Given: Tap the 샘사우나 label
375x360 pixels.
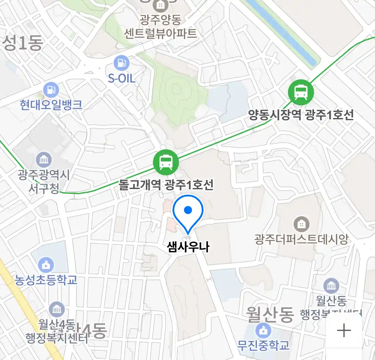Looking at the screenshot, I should coord(188,247).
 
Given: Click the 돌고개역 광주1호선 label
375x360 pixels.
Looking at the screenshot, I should coord(166,185).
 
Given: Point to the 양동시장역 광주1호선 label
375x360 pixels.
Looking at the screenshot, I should coord(301,115).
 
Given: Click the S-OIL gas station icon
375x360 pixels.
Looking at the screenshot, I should coord(121,63).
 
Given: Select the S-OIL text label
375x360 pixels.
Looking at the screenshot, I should coord(121,79).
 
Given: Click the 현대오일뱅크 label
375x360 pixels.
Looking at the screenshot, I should coord(51,105).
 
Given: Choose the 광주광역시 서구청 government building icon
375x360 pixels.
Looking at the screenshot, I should coord(44,160).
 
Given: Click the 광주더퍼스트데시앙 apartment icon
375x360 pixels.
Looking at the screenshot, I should coord(301,224).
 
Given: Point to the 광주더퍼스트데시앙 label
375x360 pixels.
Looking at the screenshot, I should coord(301,239).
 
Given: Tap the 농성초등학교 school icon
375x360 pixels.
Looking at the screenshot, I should coord(46,265).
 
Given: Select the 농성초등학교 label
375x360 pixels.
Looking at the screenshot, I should coord(46,280).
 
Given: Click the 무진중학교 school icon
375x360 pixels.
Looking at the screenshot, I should coord(263,331).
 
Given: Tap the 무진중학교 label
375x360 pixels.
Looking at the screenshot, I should coord(263,346).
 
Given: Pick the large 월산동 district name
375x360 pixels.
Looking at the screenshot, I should coord(270,314).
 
